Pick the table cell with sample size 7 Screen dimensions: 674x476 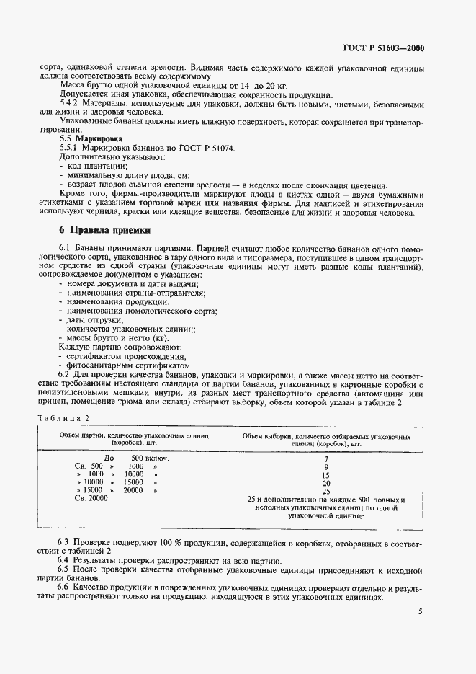pos(326,458)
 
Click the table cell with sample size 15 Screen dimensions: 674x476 pos(326,475)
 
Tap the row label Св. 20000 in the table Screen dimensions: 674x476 pos(91,499)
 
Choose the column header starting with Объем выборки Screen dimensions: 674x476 pos(326,440)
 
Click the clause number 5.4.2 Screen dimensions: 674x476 pos(70,105)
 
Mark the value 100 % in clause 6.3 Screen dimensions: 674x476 pos(143,541)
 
